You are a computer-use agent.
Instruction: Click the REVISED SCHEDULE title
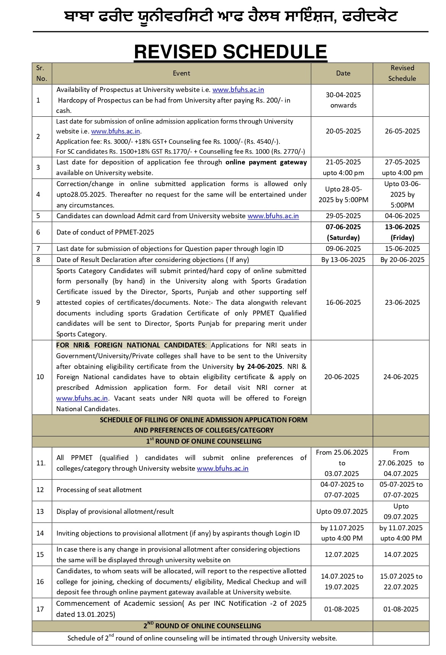tap(230, 52)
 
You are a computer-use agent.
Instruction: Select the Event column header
tap(181, 73)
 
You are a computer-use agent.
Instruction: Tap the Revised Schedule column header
tap(402, 73)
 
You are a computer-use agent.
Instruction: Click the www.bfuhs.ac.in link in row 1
tap(238, 90)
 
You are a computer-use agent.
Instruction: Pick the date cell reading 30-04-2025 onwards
tap(343, 100)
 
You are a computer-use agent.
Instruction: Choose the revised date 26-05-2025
tap(402, 131)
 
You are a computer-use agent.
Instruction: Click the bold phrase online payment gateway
tap(266, 162)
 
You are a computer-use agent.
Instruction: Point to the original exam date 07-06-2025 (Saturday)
tap(343, 232)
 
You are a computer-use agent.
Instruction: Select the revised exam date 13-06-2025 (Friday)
tap(402, 232)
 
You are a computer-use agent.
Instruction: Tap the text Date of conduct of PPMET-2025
tap(105, 232)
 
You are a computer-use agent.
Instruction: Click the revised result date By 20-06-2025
tap(402, 260)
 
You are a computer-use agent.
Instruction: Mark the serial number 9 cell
tap(38, 303)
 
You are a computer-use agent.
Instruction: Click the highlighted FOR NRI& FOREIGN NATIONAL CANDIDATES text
tap(131, 345)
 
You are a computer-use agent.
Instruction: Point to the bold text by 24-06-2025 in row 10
tap(259, 367)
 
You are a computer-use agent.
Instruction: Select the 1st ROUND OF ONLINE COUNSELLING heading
tap(204, 441)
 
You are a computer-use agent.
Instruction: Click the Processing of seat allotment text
tap(99, 490)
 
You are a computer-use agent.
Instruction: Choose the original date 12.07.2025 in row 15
tap(341, 555)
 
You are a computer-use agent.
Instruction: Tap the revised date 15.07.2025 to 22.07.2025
tap(401, 582)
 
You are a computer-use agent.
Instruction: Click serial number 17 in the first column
tap(40, 609)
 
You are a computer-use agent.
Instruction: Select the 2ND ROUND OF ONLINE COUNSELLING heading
tap(202, 626)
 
